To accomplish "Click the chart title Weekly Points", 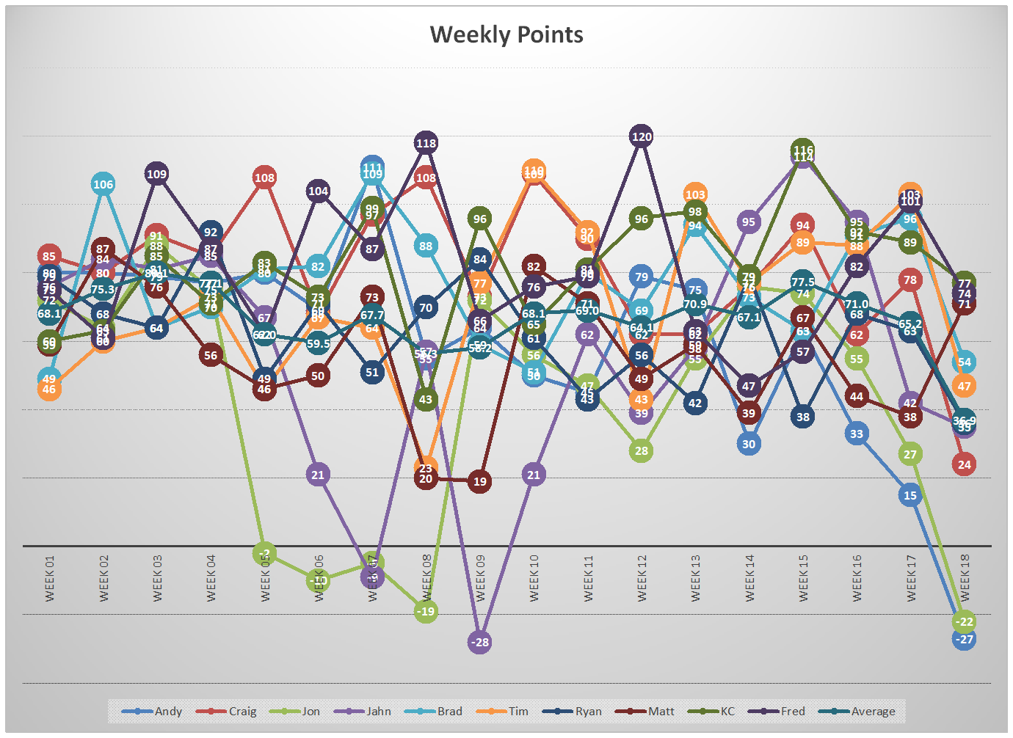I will click(506, 34).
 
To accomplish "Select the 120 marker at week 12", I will click(642, 136).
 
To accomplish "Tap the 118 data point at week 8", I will click(426, 143).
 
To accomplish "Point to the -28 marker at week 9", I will click(479, 642).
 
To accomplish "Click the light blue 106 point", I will click(103, 184).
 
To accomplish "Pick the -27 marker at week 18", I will click(965, 640).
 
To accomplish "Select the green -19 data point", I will click(426, 611).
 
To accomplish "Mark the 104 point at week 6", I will click(318, 191).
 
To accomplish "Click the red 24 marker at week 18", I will click(965, 464).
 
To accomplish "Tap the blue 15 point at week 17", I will click(910, 495).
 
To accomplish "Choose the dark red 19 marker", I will click(479, 481).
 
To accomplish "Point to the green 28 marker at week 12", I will click(642, 450).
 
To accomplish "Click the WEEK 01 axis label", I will click(49, 578).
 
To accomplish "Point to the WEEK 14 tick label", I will click(749, 578).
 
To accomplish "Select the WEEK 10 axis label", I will click(534, 578).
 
